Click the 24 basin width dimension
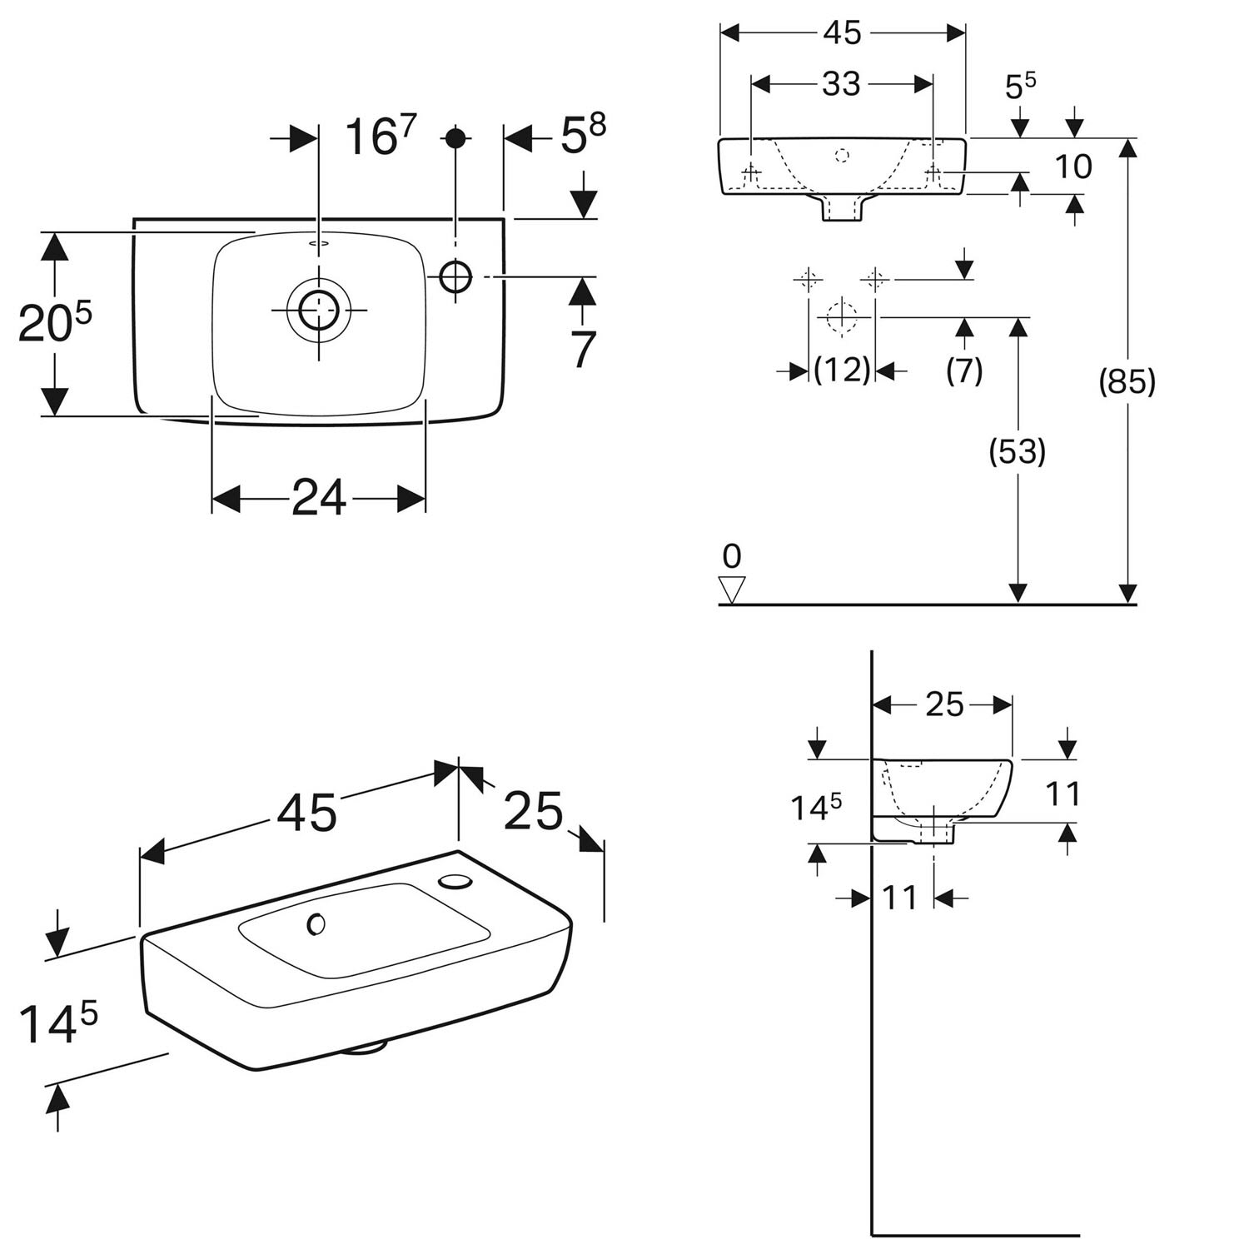click(x=319, y=499)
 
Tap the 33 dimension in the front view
click(x=841, y=83)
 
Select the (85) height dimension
click(x=1127, y=382)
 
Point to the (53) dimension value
click(x=1017, y=451)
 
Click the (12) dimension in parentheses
click(x=842, y=370)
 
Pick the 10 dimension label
click(x=1073, y=167)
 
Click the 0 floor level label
click(x=732, y=555)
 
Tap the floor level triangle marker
click(x=733, y=589)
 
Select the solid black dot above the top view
click(x=455, y=137)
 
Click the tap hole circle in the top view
click(x=455, y=276)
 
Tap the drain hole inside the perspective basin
click(x=316, y=923)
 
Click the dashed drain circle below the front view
click(x=842, y=316)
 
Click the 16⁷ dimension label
click(x=380, y=136)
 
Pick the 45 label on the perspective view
click(x=307, y=812)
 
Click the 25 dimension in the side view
click(x=944, y=704)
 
